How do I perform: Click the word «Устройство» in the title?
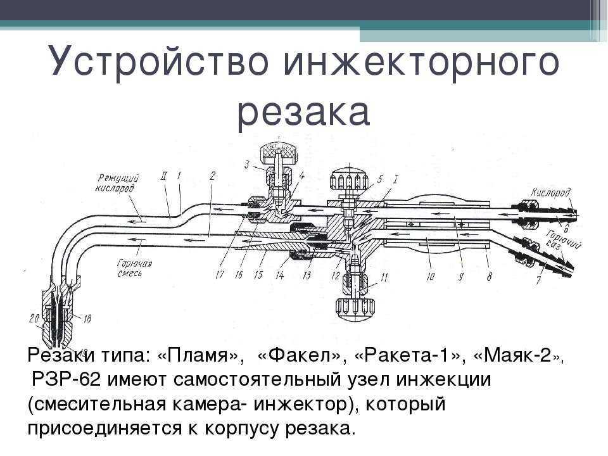point(158,62)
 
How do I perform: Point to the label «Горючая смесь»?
point(134,269)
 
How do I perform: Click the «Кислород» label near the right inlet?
point(550,193)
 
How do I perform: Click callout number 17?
point(220,275)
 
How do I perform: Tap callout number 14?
point(279,275)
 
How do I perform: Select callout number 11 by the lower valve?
point(384,277)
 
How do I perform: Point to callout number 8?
point(489,277)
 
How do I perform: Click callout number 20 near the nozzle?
point(34,319)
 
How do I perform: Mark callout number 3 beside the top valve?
point(246,165)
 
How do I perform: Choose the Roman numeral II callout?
point(163,177)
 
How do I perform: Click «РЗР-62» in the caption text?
point(66,379)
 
